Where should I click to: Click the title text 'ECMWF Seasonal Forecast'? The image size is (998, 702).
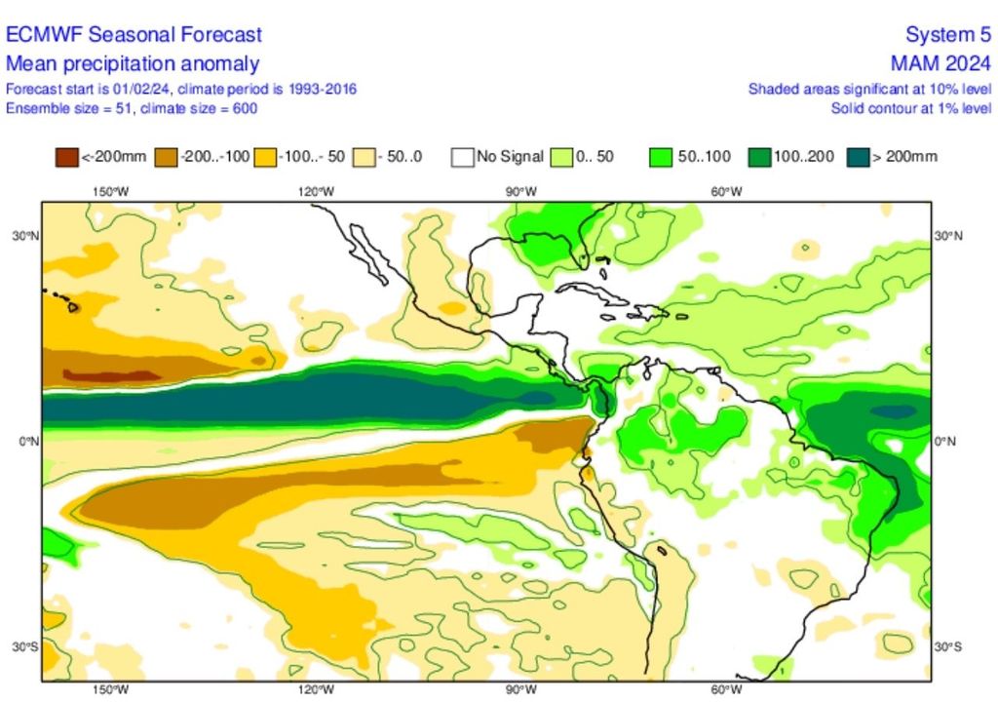pos(134,35)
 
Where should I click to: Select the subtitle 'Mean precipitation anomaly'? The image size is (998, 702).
pos(133,64)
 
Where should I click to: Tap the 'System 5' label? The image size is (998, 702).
pos(947,35)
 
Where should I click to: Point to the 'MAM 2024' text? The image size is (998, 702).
pos(940,64)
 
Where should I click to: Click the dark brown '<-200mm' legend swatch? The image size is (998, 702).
pos(67,156)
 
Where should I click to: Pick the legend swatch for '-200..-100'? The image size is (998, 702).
pos(166,156)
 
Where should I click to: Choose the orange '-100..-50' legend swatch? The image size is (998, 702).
pos(265,156)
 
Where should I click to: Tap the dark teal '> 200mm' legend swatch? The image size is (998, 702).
pos(859,156)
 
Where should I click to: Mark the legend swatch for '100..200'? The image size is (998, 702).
pos(759,156)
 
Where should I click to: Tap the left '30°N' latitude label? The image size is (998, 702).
pos(26,236)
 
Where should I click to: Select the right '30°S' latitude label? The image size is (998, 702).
pos(947,646)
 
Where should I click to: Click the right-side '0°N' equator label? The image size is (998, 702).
pos(945,442)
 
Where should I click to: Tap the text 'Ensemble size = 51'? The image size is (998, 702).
pos(69,108)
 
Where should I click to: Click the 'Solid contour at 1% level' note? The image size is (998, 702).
pos(910,108)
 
